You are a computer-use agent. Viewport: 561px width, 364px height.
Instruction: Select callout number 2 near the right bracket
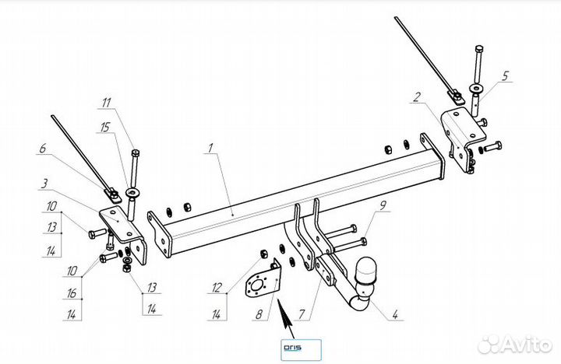tap(417, 97)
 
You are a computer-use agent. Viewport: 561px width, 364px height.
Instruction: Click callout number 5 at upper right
tap(505, 76)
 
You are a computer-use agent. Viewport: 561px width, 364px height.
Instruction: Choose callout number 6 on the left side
tap(44, 148)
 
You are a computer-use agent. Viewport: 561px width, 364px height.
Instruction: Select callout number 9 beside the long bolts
tap(383, 207)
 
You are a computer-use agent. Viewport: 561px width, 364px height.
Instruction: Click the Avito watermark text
tap(521, 344)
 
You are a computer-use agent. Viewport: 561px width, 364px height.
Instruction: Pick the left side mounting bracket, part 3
tap(125, 230)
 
